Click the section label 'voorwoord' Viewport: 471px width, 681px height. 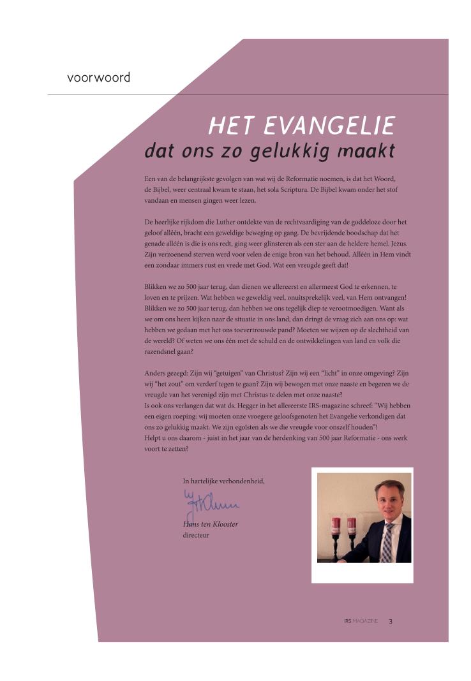point(98,78)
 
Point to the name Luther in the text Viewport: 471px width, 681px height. point(241,222)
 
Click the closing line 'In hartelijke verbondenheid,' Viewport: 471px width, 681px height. point(223,481)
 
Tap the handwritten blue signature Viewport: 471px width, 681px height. point(208,504)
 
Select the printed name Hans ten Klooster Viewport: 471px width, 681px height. point(210,524)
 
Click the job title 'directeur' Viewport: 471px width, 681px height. point(196,535)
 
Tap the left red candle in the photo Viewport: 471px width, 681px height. point(336,527)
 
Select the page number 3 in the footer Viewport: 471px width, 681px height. point(391,621)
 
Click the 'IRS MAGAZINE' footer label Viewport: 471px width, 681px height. point(361,621)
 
